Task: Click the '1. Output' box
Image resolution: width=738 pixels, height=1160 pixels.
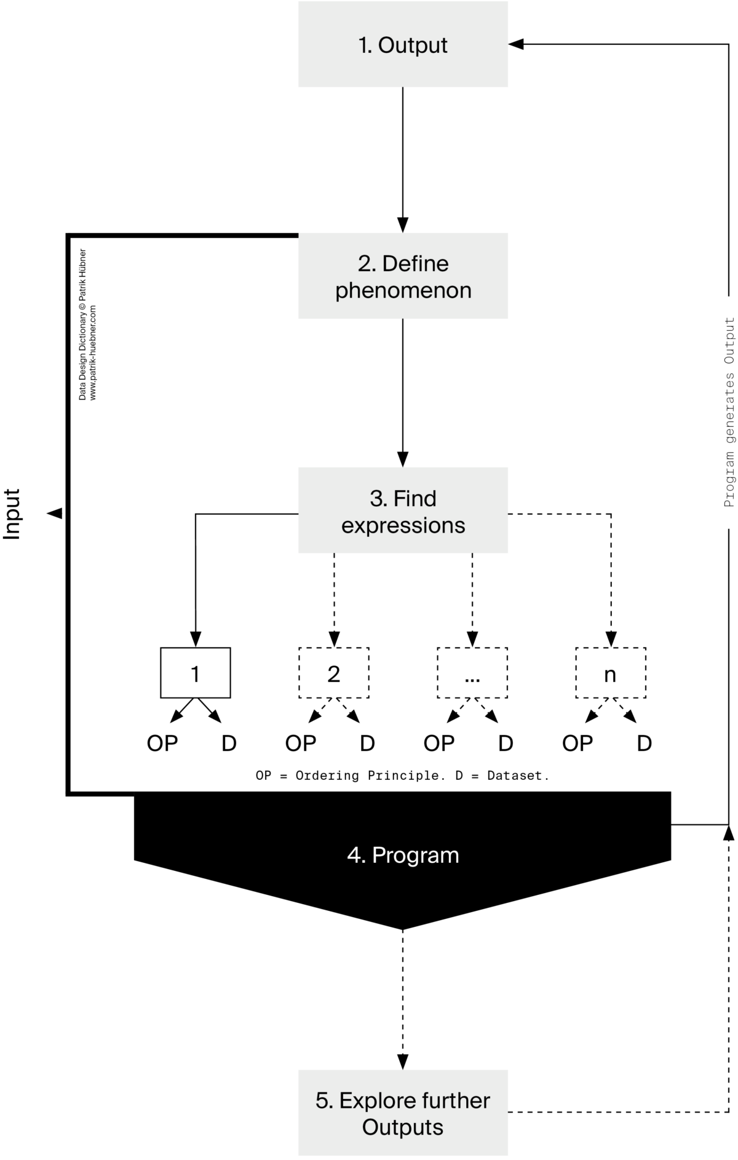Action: coord(403,44)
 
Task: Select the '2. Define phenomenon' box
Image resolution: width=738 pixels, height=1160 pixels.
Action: coord(403,276)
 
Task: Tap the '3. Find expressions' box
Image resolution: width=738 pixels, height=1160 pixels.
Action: coord(403,511)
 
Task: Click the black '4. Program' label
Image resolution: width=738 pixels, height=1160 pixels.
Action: coord(403,855)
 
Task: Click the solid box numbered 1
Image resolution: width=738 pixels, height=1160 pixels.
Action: coord(196,673)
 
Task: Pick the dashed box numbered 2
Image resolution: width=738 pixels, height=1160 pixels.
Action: coord(334,673)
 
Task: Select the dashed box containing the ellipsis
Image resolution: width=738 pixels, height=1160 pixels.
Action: coord(472,673)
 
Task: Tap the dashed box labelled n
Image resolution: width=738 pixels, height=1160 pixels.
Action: coord(611,673)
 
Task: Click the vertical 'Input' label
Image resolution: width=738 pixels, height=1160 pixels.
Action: coord(12,514)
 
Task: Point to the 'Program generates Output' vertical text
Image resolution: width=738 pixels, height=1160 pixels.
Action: coord(729,412)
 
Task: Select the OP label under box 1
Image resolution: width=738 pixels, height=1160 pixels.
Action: coord(162,744)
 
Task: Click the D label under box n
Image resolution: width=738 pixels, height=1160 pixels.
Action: coord(644,744)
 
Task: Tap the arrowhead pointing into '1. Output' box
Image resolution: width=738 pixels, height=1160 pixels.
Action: coord(515,44)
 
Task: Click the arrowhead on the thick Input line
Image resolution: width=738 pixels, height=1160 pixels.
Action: coord(55,513)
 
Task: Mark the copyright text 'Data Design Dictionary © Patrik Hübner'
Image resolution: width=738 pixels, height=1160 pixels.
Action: coord(82,325)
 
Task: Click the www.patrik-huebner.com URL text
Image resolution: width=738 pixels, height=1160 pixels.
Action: coord(93,353)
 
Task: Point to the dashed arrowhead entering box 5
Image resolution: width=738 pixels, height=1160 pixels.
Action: coord(403,1062)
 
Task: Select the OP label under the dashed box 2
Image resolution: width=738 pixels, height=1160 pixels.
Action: coord(301,744)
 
